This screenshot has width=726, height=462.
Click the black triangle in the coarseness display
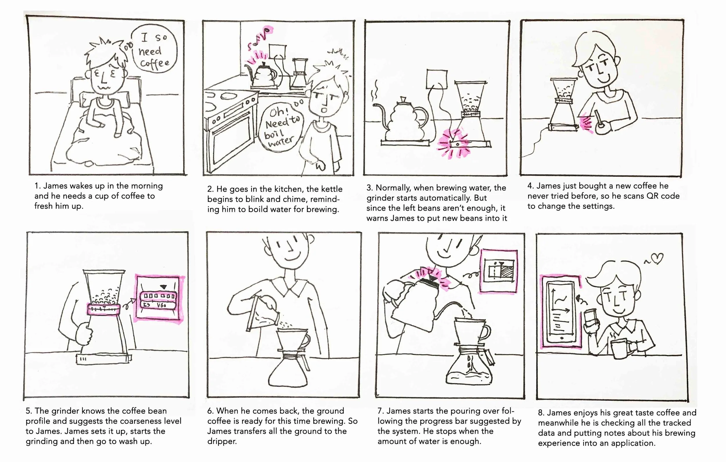[x=163, y=287]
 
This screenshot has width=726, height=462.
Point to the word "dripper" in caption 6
[x=222, y=441]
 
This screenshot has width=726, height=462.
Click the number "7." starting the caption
[x=381, y=411]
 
